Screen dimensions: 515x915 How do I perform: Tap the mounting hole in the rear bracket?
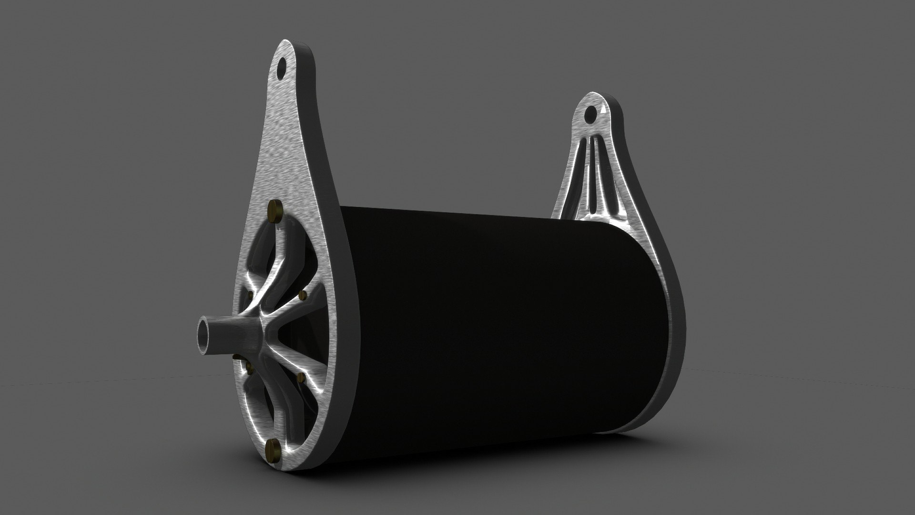tap(590, 113)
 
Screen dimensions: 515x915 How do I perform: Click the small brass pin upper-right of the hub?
tap(302, 296)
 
